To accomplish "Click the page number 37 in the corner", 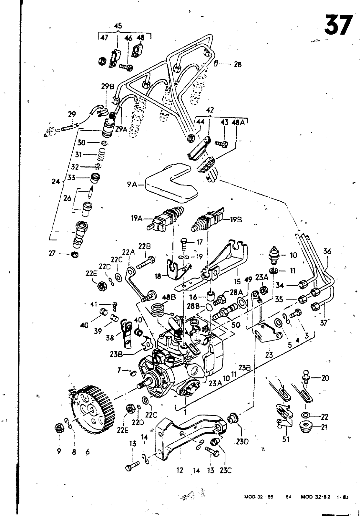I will coord(338,25).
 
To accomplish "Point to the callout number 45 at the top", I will coord(118,26).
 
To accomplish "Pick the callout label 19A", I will coord(137,218).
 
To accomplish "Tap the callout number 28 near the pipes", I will coord(238,64).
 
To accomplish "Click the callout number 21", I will coord(324,427).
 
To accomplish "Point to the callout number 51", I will coord(286,439).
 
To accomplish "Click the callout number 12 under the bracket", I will coord(180,470).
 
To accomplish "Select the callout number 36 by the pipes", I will coord(327,251).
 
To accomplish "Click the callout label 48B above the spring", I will coord(168,296).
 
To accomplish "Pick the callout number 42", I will coord(210,110).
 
